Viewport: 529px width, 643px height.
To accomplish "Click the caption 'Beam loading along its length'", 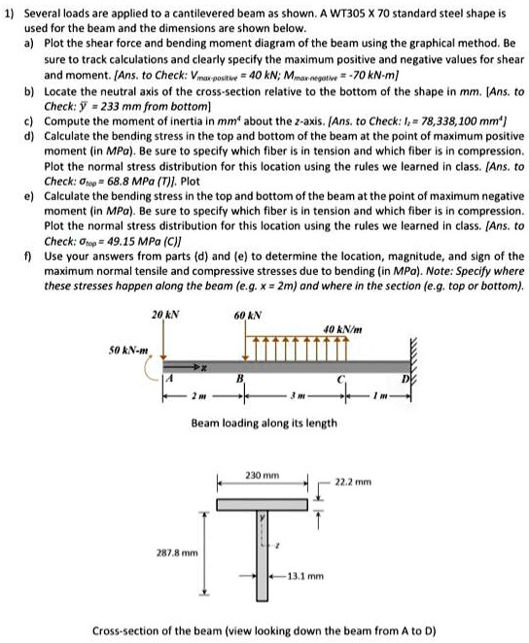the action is point(264,423).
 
